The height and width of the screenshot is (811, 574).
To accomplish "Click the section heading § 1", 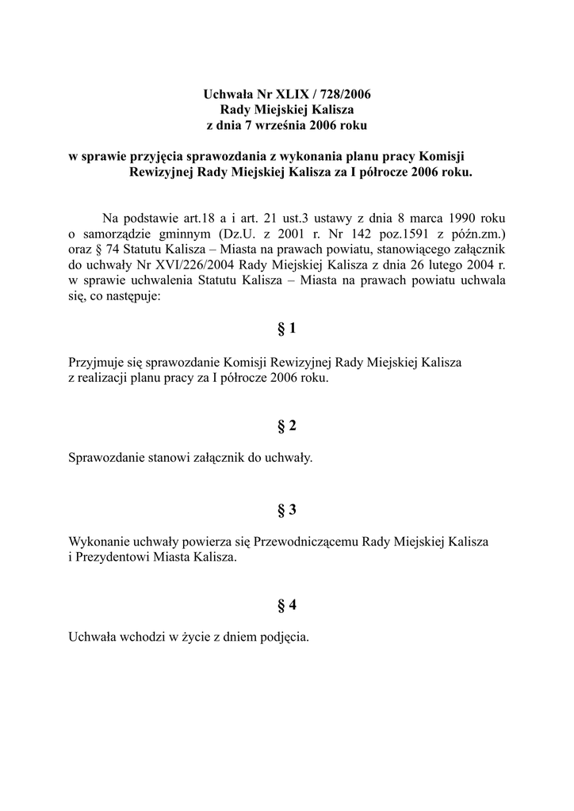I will click(287, 329).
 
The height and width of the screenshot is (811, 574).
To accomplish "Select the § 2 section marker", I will click(287, 427).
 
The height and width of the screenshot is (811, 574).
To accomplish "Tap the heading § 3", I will click(287, 510).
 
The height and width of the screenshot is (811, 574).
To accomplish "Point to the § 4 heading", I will click(287, 606).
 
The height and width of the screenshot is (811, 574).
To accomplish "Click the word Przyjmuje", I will click(95, 363).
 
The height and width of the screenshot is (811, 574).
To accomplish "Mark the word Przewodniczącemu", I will click(305, 543).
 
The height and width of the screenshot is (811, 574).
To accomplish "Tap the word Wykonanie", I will click(97, 543).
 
